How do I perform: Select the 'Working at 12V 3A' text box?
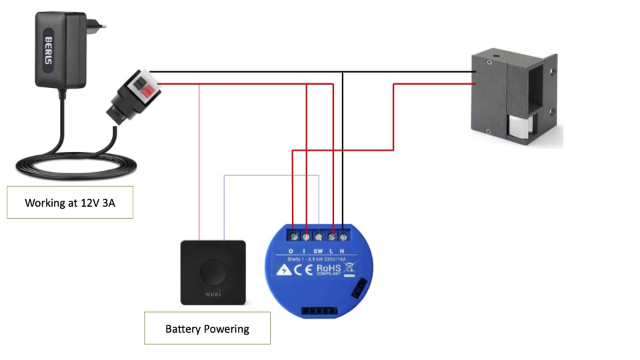70,202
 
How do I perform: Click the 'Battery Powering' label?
207,328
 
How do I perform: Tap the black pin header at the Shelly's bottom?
317,309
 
